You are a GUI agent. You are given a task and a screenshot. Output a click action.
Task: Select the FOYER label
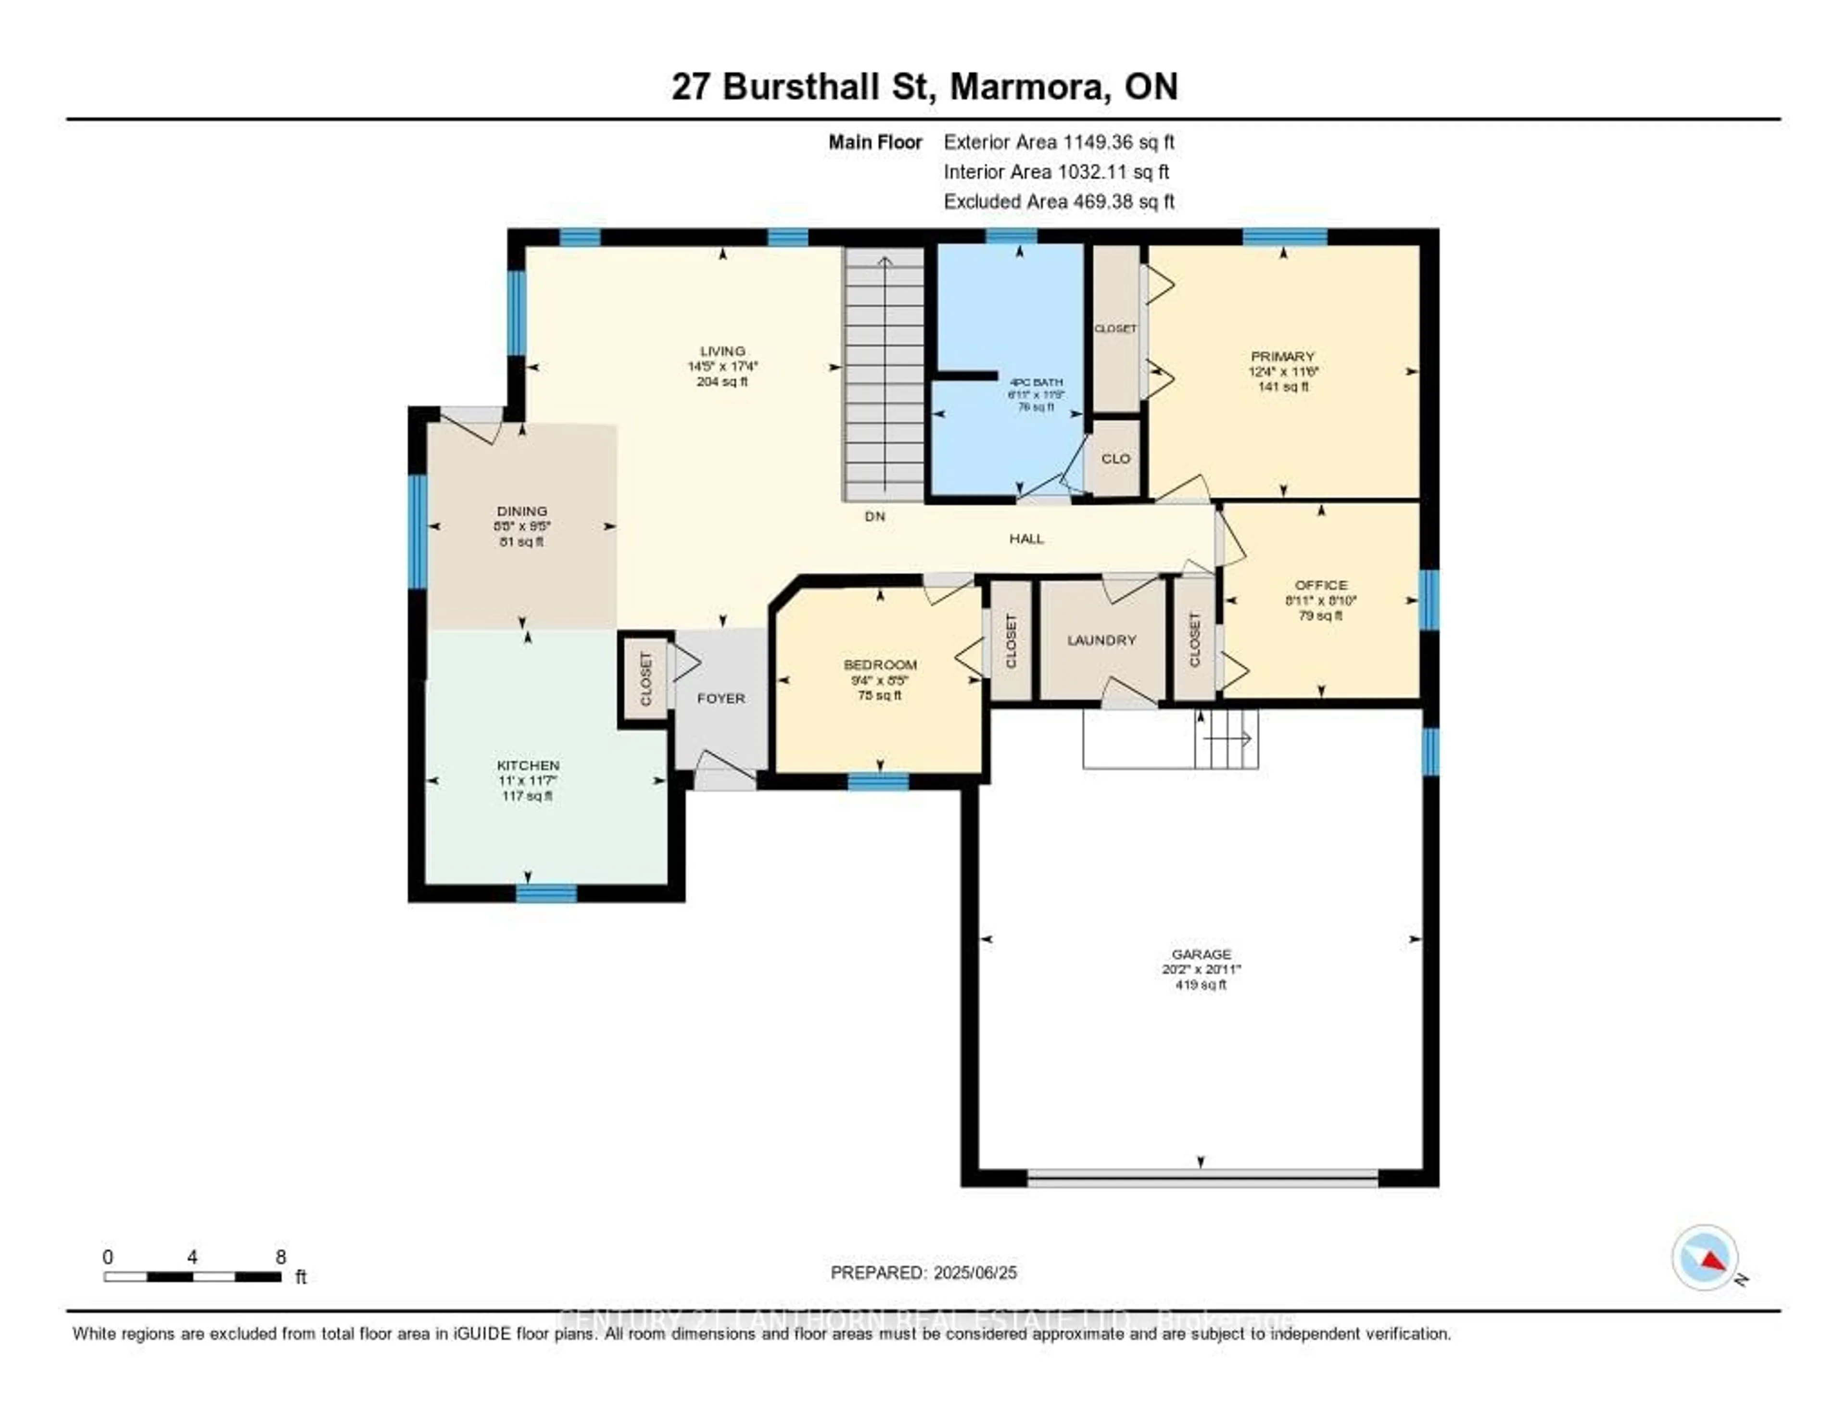(721, 698)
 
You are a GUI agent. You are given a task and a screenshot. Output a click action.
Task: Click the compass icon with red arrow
(1705, 1258)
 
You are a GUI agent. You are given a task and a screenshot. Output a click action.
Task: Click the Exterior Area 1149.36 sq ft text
(1059, 142)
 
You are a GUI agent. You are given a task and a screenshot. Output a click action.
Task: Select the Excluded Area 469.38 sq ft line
(1059, 201)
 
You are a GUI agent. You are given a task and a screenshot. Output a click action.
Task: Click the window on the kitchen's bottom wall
(546, 893)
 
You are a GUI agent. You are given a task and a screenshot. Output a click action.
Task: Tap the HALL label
(1026, 538)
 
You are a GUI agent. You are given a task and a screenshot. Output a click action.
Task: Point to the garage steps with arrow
(1226, 739)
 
